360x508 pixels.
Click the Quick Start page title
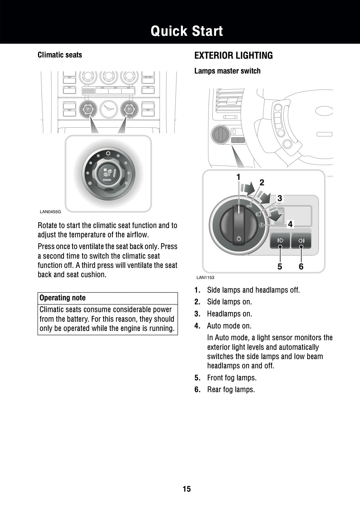click(187, 31)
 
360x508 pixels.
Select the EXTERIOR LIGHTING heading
click(233, 56)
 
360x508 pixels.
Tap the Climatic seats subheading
click(60, 55)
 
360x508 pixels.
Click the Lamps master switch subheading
click(227, 71)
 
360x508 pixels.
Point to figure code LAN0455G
click(50, 212)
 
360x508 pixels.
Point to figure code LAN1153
click(205, 277)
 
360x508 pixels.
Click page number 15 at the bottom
click(187, 489)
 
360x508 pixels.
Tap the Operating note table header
click(62, 298)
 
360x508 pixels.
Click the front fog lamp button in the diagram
click(280, 241)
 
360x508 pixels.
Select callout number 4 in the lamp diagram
click(290, 224)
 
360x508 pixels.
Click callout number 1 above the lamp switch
click(238, 177)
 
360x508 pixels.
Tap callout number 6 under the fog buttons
click(301, 266)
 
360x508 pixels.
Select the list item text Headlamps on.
click(229, 314)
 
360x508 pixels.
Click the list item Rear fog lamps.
click(231, 390)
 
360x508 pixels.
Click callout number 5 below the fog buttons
click(280, 266)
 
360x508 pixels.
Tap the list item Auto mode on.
click(229, 326)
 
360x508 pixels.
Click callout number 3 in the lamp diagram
click(279, 198)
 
